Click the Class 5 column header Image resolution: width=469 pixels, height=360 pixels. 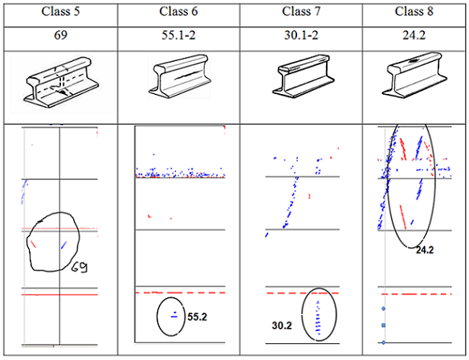click(x=59, y=12)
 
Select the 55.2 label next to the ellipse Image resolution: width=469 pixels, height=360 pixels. click(x=198, y=317)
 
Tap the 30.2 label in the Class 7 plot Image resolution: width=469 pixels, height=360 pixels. click(x=282, y=325)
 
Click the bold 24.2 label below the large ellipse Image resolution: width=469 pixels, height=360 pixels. click(x=426, y=251)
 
